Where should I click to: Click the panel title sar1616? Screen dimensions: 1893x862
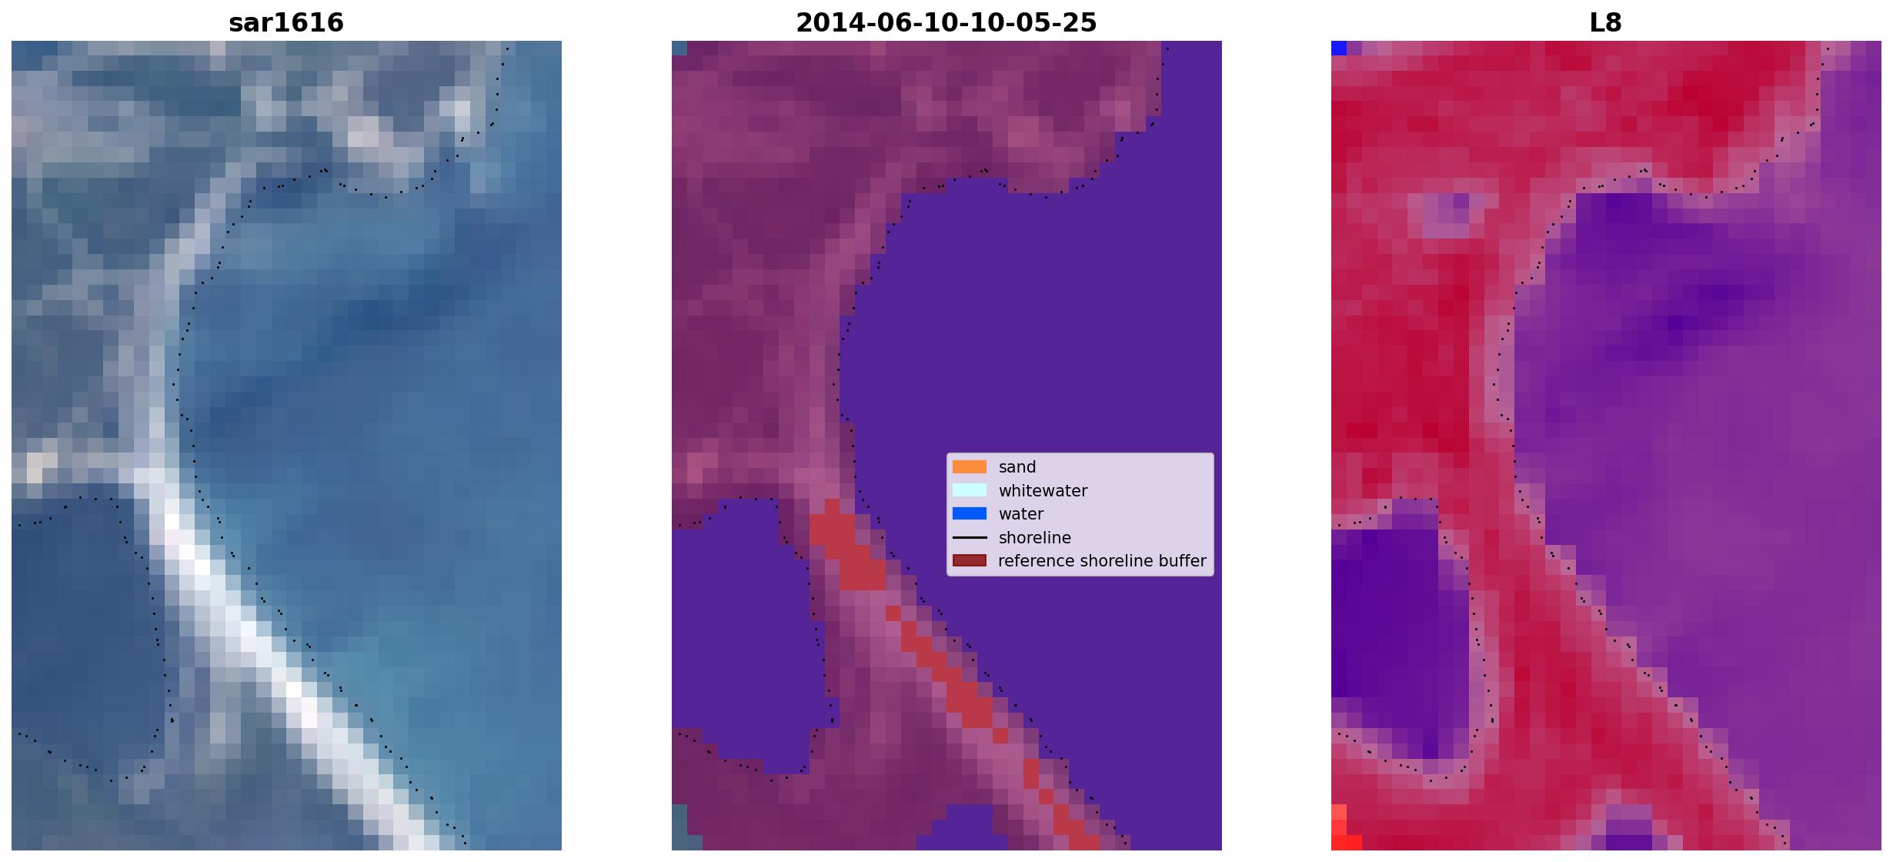pos(286,22)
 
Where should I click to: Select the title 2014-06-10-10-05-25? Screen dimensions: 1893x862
pos(946,22)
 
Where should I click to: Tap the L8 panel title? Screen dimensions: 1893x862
pos(1605,22)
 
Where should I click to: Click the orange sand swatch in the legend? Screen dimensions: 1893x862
pos(970,467)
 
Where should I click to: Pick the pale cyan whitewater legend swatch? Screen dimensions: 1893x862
pos(970,490)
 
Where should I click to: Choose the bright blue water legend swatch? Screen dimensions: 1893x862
pos(970,513)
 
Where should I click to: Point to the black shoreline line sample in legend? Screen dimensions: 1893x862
pos(970,537)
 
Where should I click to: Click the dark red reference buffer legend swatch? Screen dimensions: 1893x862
pos(970,560)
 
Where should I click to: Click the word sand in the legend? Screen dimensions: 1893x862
pos(1017,467)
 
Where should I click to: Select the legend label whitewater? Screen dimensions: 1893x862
pos(1043,490)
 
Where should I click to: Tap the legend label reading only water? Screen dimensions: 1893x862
pos(1021,514)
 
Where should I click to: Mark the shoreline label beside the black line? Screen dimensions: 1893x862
pos(1034,537)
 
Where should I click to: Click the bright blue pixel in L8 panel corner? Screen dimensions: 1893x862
pos(1339,48)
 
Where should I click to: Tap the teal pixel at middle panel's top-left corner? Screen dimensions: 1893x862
pos(679,48)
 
